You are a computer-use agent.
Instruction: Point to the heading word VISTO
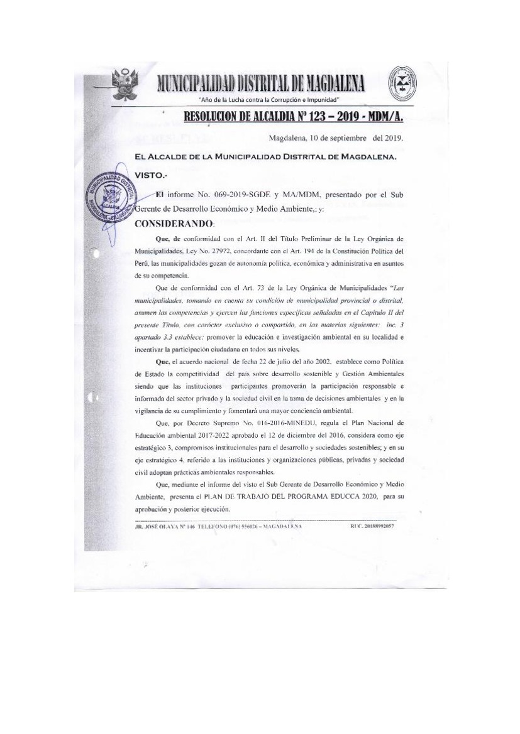click(x=150, y=177)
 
